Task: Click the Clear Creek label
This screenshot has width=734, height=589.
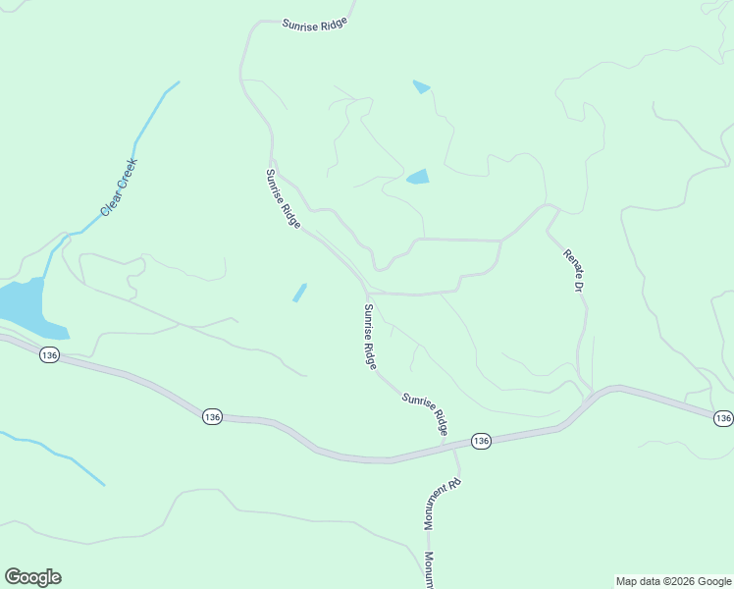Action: [120, 187]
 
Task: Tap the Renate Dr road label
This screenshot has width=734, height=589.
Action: [573, 270]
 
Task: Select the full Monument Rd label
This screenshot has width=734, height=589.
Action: [442, 504]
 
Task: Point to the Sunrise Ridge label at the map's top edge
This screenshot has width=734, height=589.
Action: [315, 25]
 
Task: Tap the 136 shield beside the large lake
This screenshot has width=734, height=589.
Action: [50, 354]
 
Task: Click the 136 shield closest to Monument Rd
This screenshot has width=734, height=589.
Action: [480, 441]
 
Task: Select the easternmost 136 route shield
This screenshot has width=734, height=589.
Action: [723, 418]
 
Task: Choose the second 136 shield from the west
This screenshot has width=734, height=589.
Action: [213, 417]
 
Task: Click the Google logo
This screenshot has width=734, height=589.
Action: [32, 577]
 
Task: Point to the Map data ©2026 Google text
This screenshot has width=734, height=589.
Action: [674, 581]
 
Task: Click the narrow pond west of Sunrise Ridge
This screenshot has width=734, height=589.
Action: [299, 293]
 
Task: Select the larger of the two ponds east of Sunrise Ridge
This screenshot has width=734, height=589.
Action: [418, 178]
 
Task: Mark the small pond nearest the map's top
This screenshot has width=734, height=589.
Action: [422, 86]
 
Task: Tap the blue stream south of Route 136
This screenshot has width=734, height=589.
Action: [59, 454]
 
